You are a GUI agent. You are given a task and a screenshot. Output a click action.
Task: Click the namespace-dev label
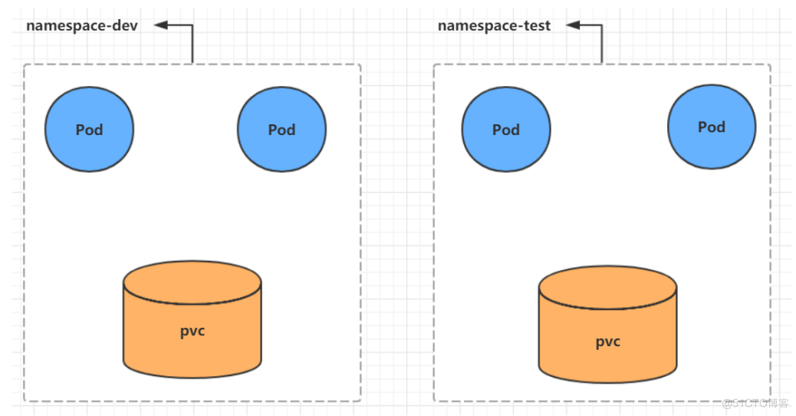82,25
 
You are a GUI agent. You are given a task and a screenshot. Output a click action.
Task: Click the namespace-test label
494,25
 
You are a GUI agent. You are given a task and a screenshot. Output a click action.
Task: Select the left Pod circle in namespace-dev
89,129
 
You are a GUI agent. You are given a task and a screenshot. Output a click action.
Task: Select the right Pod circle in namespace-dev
281,129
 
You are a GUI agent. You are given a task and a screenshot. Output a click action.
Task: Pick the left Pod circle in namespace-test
505,129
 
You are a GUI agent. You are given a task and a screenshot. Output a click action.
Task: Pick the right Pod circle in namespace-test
711,127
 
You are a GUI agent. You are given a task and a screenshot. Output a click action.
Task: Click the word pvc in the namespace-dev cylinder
192,331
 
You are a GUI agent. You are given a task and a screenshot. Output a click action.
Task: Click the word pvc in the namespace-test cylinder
607,342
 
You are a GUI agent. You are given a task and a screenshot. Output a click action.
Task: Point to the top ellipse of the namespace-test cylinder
607,286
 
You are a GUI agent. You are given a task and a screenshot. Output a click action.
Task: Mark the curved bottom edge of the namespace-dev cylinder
192,377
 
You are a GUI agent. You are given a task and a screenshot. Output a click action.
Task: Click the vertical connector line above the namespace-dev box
192,45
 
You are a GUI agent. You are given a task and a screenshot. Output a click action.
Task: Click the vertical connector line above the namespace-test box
602,45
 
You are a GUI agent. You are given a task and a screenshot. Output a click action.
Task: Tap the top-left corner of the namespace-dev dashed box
25,65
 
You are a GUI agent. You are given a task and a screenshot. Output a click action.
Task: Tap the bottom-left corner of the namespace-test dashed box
435,400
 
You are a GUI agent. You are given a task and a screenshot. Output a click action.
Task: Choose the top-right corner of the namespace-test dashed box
769,65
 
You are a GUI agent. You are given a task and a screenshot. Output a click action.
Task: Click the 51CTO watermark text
756,403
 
